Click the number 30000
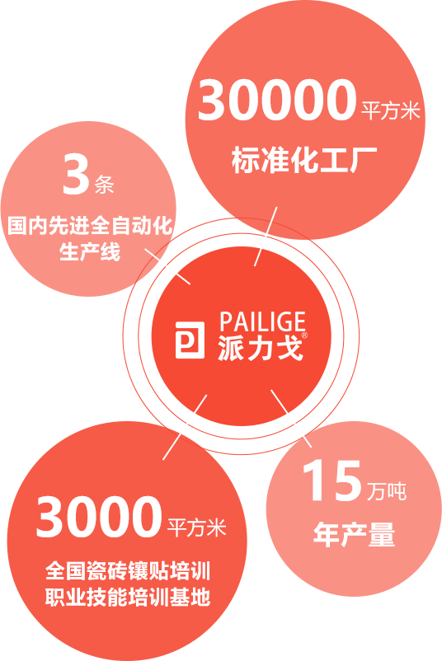277,100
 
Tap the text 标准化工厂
304,160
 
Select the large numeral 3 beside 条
76,175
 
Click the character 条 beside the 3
104,184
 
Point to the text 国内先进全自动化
90,226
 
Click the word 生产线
90,251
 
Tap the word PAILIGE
262,322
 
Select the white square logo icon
190,340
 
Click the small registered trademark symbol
304,335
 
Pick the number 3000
100,517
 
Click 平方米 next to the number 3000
197,527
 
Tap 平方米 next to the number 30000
391,110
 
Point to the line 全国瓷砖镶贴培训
128,571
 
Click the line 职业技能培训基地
128,598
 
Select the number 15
332,481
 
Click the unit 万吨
386,491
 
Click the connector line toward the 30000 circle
266,236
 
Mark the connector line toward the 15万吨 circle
291,418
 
